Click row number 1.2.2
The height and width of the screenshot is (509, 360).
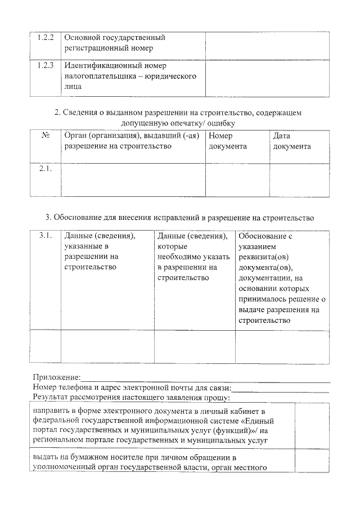(44, 38)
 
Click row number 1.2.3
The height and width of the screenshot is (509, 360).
(44, 65)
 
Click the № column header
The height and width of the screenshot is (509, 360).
(44, 136)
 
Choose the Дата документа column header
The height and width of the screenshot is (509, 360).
(291, 141)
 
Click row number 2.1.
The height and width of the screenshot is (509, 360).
(44, 169)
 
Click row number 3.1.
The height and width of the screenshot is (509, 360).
(45, 236)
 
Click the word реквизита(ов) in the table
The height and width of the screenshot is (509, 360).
(262, 257)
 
